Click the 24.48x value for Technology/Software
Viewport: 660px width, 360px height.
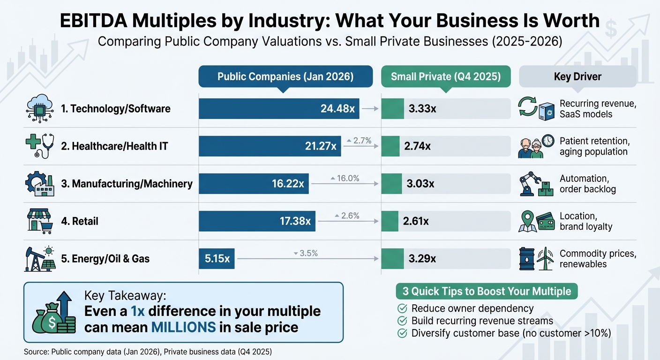(337, 109)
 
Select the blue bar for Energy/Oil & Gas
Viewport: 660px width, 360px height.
(217, 258)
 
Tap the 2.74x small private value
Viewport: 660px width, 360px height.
(417, 146)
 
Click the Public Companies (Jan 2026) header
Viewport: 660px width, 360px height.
(285, 76)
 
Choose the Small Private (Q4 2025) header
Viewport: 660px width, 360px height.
(446, 76)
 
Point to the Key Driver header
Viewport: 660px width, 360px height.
(577, 76)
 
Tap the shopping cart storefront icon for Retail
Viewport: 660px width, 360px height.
(39, 221)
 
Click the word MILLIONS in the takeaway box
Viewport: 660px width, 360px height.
(183, 327)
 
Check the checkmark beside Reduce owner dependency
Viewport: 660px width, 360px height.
(402, 308)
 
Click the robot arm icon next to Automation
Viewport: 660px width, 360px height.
(530, 183)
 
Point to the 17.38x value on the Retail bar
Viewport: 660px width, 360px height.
(295, 221)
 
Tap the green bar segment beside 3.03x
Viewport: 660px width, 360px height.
(391, 184)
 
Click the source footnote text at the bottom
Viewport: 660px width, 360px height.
(147, 351)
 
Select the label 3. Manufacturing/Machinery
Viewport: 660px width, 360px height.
(127, 184)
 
